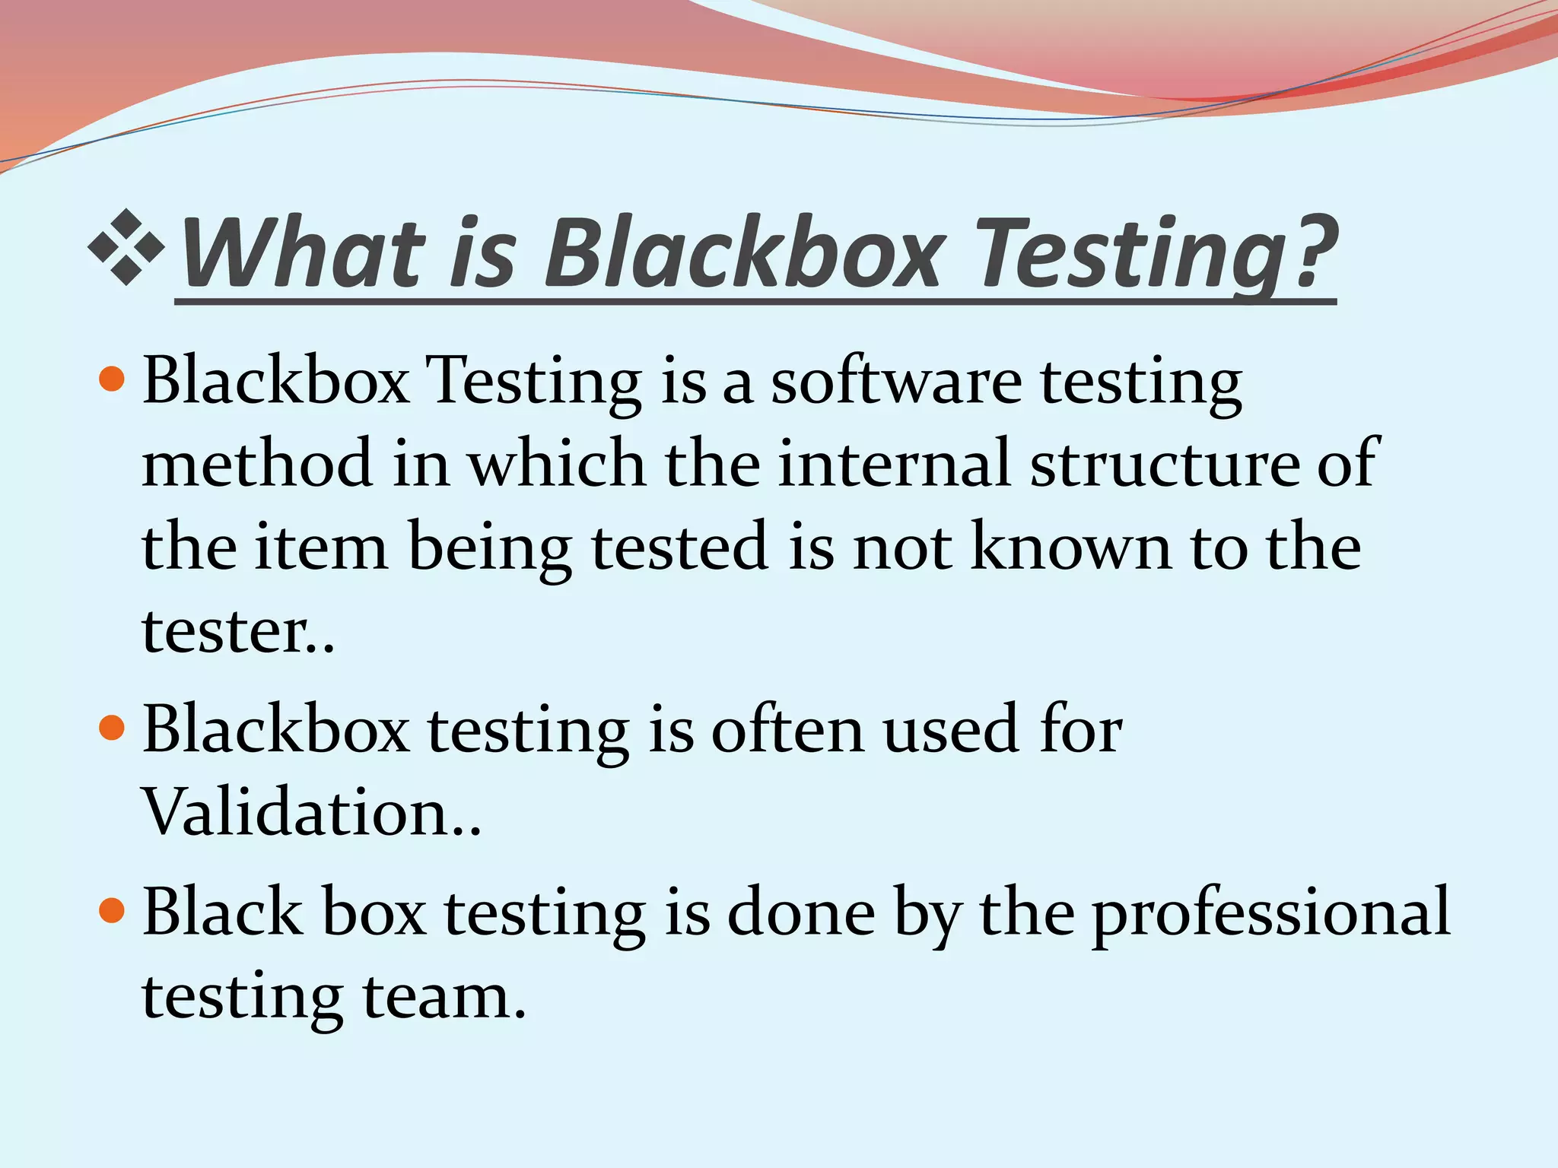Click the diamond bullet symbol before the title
126,248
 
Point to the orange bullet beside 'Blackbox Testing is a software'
112,378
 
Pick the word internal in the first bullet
894,463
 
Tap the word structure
1164,463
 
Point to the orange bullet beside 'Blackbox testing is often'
112,727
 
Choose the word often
787,729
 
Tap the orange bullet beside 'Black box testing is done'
112,909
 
